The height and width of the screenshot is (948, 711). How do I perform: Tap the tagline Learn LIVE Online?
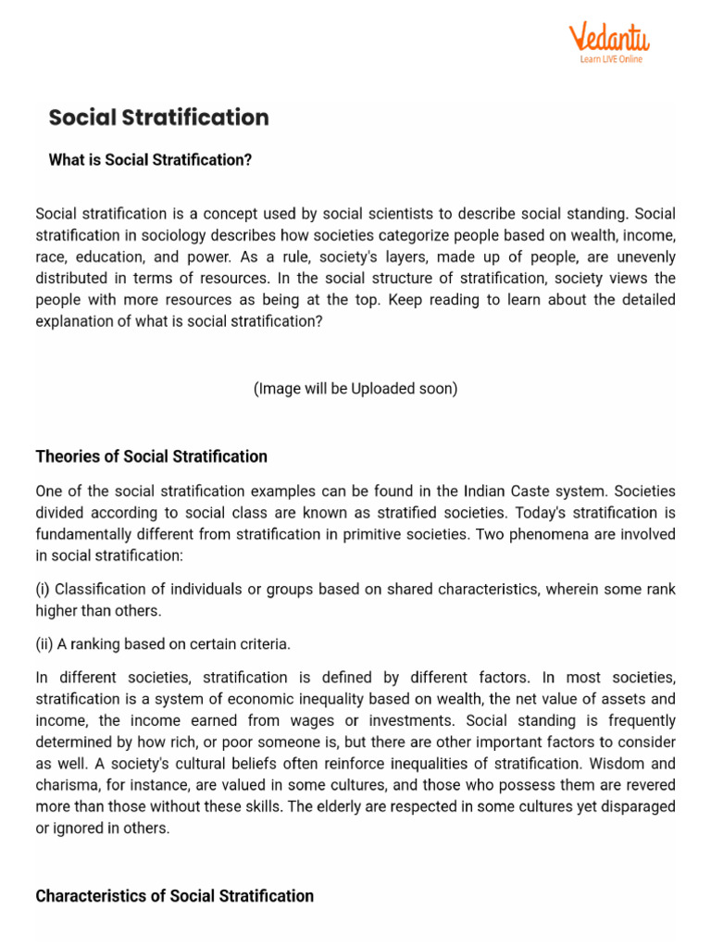(x=611, y=59)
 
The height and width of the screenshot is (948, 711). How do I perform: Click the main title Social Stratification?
(x=158, y=118)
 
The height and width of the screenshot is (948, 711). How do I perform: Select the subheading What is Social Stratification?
(x=150, y=160)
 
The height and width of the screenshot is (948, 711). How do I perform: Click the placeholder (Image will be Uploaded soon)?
(x=355, y=389)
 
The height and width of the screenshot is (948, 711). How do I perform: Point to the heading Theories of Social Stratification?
(x=151, y=456)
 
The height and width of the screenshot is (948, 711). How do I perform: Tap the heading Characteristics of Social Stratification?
(x=174, y=895)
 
